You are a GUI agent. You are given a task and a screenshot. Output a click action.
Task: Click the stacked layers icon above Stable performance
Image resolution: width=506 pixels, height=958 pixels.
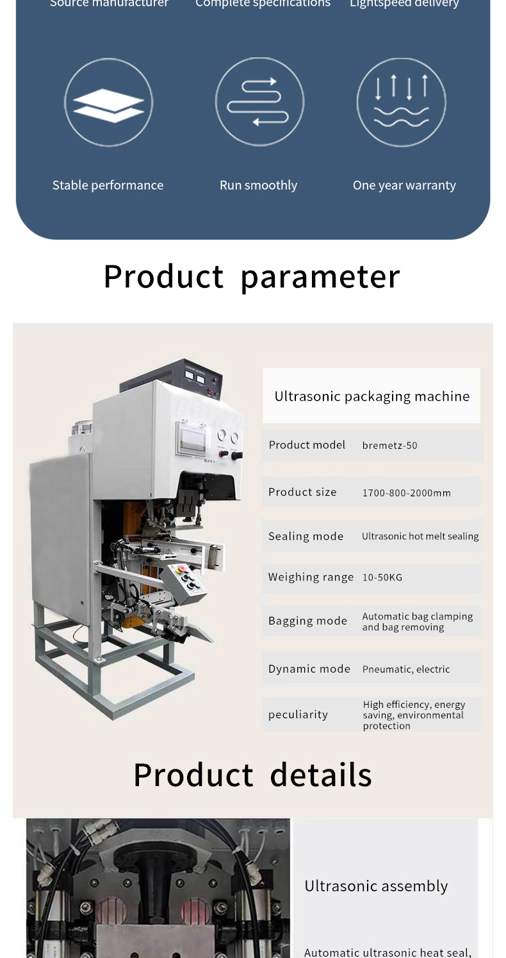108,103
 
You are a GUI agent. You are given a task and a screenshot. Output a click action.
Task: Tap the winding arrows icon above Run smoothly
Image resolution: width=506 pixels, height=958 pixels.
259,102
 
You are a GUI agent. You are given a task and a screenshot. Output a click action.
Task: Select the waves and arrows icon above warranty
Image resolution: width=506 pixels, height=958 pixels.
401,102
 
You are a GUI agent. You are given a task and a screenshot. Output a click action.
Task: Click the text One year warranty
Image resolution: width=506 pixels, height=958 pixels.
404,185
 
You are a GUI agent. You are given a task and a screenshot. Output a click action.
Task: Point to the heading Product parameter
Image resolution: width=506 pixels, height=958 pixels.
252,276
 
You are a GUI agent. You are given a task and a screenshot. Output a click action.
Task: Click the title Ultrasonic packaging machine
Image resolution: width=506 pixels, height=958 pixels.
371,396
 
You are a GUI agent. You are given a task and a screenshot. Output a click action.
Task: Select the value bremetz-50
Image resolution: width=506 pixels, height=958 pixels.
389,446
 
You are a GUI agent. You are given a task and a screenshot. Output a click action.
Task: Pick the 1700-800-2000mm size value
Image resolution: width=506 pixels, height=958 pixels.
406,493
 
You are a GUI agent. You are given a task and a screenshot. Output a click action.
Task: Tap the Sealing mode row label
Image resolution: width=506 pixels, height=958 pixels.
306,537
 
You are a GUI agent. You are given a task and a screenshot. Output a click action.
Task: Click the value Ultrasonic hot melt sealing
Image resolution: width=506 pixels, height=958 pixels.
420,537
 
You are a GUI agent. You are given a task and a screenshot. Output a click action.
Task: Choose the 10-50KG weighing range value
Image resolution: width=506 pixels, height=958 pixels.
382,578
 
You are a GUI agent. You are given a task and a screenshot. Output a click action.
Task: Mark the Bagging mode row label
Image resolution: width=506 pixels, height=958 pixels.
307,621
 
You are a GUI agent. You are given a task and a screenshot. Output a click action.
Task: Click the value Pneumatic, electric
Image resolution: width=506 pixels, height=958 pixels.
406,669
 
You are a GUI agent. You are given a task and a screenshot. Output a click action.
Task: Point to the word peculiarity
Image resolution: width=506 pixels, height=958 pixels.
298,714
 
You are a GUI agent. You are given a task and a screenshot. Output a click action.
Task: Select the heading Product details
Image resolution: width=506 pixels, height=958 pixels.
252,775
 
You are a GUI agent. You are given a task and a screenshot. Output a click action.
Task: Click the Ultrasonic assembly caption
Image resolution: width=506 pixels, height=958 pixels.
376,886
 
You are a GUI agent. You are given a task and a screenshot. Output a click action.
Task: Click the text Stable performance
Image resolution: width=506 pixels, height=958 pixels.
108,185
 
